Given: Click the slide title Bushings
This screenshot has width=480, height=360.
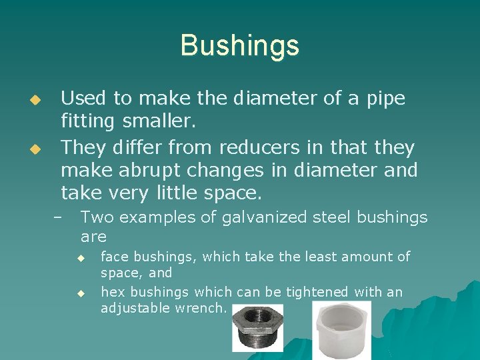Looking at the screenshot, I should pyautogui.click(x=239, y=45).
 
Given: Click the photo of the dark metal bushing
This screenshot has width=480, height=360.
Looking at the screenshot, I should pyautogui.click(x=257, y=328).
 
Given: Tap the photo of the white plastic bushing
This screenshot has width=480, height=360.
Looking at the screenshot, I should pyautogui.click(x=341, y=331).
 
